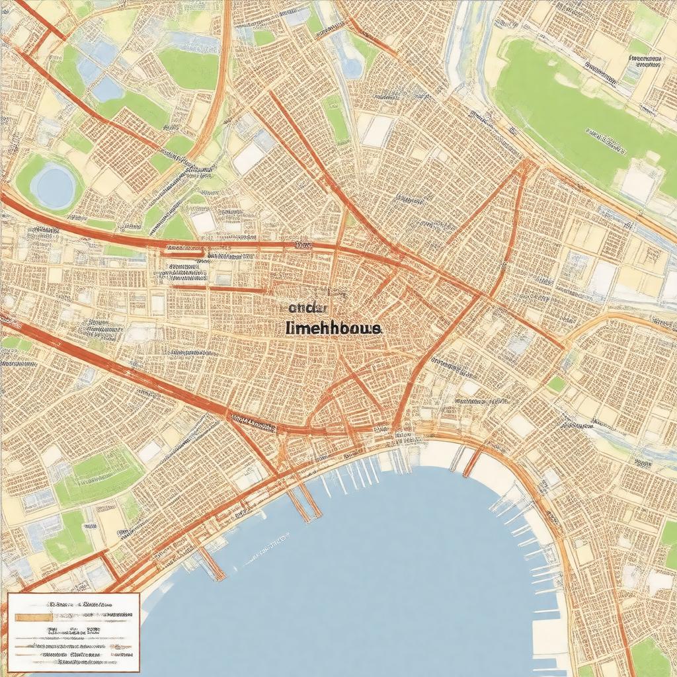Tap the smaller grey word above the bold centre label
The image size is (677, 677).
click(309, 307)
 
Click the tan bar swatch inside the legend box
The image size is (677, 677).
click(34, 616)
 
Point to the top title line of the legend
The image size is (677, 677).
click(80, 604)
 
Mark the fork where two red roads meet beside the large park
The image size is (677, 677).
click(528, 163)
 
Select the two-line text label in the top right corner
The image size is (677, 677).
click(645, 63)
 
